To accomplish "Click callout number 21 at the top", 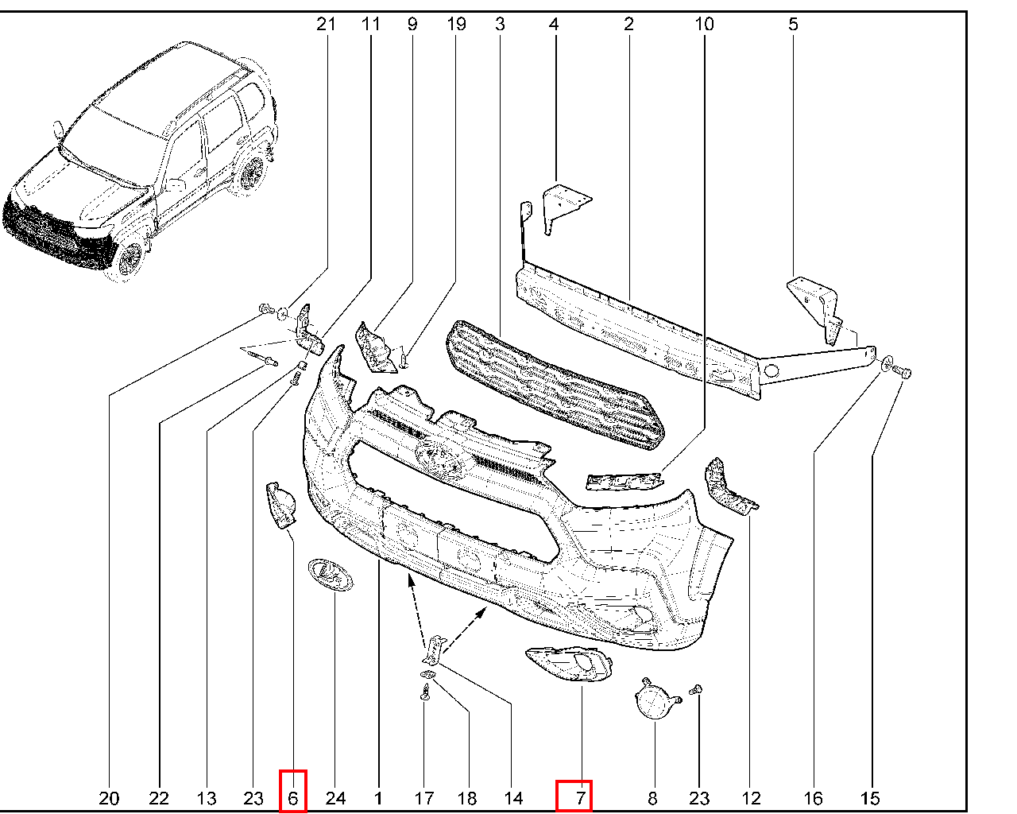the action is pos(326,24).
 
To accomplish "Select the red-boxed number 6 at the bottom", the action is pos(292,798).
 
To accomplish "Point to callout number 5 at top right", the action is pos(793,24).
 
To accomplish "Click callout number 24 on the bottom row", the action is pos(335,798).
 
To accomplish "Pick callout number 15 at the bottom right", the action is pos(870,798).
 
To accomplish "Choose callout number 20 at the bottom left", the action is pos(109,798).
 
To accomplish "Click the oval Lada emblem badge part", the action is pos(331,574).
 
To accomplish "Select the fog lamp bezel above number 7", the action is pos(570,664).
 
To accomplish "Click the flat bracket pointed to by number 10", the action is pos(625,482).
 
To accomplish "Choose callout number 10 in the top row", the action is pos(704,24).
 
